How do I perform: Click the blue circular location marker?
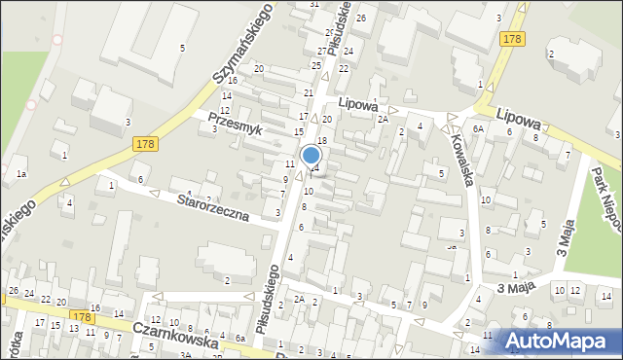coord(311,156)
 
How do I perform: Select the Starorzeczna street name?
coord(215,206)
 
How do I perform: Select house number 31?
coord(314,5)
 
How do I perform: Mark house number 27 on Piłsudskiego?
coord(322,51)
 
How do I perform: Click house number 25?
coord(315,64)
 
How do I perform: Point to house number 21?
coord(309,92)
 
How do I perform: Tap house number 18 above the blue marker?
coord(321,141)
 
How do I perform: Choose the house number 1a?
coord(20,173)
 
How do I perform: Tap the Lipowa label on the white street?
coord(357,102)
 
